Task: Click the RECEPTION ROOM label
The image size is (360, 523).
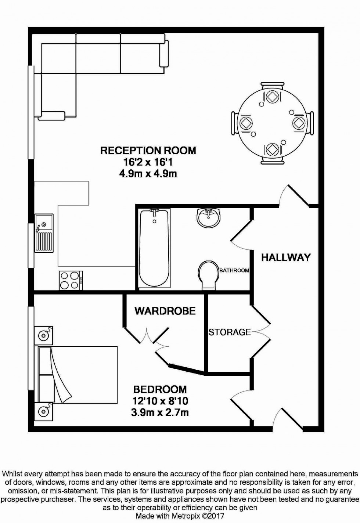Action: [148, 150]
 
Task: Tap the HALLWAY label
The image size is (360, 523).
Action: [286, 257]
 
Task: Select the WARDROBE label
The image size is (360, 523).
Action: [165, 311]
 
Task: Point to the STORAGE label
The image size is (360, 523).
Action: [230, 332]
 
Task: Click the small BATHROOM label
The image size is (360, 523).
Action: [234, 270]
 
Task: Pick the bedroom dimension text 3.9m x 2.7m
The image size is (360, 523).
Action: [160, 412]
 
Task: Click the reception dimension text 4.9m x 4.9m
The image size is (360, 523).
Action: [148, 173]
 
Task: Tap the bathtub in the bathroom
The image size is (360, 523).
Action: [154, 248]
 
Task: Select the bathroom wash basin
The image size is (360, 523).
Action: [208, 217]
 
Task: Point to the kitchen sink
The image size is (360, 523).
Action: [44, 233]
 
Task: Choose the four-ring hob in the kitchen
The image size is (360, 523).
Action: [71, 280]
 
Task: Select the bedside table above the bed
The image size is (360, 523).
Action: [44, 335]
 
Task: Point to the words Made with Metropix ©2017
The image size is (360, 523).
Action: [180, 516]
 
